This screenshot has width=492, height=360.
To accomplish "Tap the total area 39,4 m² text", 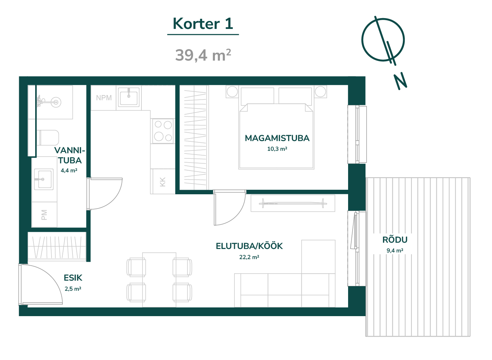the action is click(203, 55).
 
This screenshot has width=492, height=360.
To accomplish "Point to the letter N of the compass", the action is click(400, 81).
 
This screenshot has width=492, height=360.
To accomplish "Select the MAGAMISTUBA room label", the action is click(277, 138).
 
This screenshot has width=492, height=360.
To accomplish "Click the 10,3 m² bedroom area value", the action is click(277, 149).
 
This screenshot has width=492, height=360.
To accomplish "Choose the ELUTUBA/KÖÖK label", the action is click(249, 246).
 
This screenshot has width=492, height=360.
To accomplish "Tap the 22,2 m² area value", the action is click(249, 257).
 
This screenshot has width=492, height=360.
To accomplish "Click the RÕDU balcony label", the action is click(395, 240).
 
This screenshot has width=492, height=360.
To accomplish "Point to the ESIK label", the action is click(73, 278).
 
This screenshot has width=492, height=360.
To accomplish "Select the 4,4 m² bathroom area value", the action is click(69, 170).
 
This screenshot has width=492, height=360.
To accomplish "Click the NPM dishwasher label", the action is click(104, 98).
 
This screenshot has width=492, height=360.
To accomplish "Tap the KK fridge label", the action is click(162, 182).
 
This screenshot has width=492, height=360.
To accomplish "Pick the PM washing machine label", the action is click(44, 215).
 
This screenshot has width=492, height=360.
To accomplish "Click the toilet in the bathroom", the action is click(48, 138).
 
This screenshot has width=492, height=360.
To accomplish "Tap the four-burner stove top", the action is click(163, 131).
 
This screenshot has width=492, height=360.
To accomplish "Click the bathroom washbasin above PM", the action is click(44, 179).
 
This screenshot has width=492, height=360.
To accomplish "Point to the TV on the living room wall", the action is click(293, 203).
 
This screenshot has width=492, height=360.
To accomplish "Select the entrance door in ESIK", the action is click(41, 284).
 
